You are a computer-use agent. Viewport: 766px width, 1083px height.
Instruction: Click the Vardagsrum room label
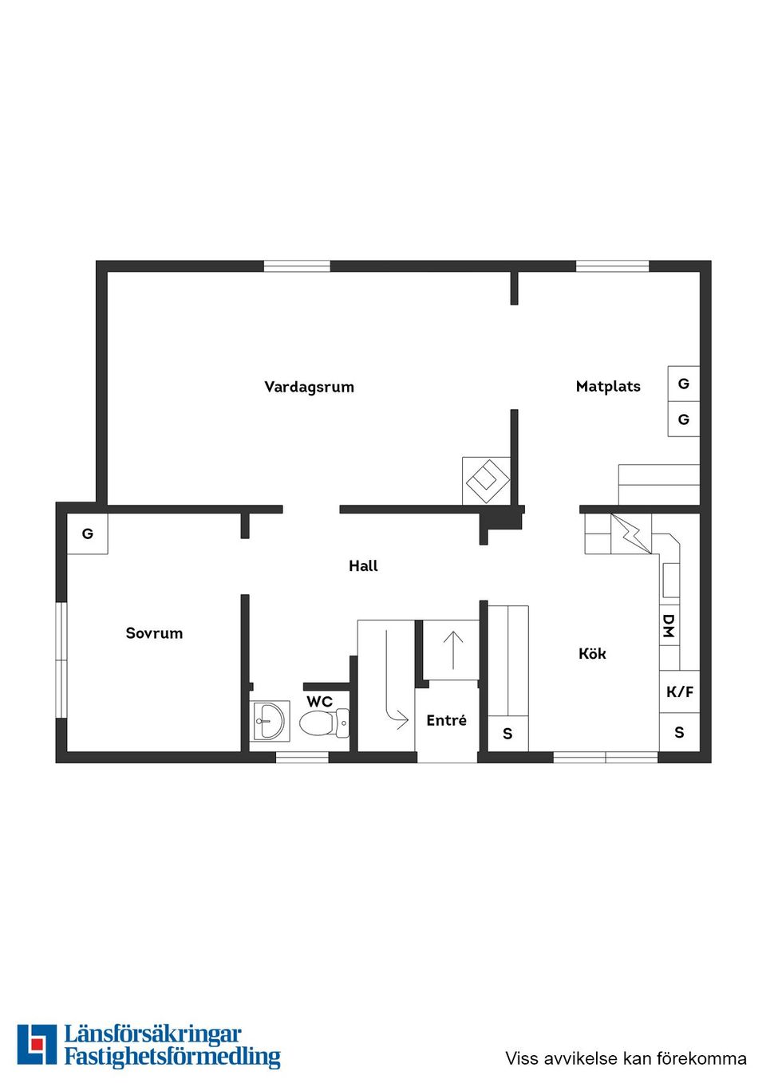coord(309,387)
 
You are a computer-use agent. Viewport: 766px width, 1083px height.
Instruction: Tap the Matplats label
coord(608,386)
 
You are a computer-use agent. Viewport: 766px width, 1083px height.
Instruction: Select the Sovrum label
coord(154,633)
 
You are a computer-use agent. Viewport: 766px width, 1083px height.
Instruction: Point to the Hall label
coord(363,565)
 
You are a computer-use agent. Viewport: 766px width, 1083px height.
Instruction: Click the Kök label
coord(592,653)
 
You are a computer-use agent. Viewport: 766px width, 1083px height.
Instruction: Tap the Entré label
coord(446,720)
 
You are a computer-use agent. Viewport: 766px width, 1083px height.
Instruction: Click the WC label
coord(319,702)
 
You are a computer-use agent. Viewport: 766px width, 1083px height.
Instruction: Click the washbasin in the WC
coord(269,721)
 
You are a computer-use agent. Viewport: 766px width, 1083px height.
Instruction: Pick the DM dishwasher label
coord(669,626)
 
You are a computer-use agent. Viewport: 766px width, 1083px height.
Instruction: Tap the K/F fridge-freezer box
coord(680,691)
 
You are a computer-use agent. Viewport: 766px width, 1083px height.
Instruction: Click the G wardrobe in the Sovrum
coord(87,534)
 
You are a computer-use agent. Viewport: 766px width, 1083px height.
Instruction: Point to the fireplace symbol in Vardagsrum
coord(487,480)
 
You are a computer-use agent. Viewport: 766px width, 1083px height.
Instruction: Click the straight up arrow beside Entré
coord(453,649)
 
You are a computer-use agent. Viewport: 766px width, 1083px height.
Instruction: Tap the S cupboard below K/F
coord(679,732)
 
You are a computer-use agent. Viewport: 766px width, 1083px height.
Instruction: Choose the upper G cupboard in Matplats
coord(684,384)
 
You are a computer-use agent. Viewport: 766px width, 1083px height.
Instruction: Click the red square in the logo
coord(37,1043)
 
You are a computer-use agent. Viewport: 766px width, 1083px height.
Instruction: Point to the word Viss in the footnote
coord(522,1058)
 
